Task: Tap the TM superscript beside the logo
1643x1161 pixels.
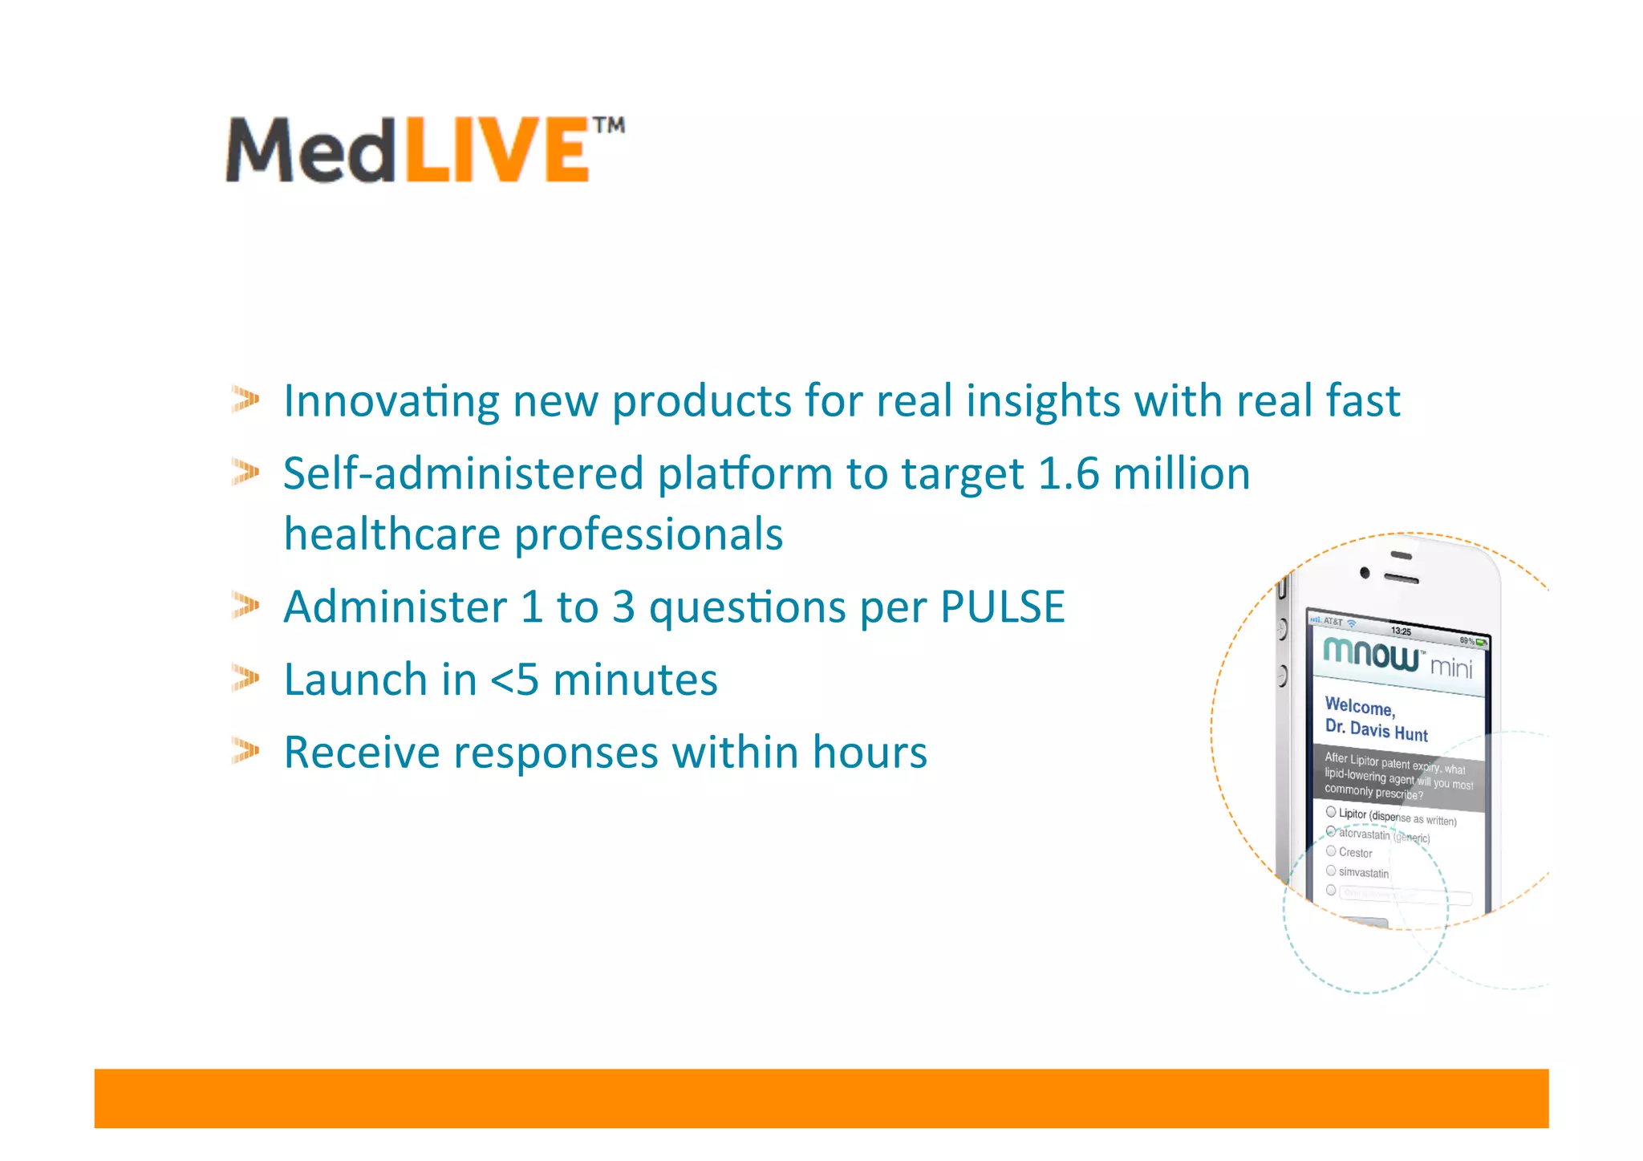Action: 609,126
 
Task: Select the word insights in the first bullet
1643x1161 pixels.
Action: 1042,401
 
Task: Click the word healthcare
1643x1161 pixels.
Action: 391,534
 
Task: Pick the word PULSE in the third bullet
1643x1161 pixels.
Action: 1002,607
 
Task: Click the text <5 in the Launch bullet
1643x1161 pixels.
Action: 514,680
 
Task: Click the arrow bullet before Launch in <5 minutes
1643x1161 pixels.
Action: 245,679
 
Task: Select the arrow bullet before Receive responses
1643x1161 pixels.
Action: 245,751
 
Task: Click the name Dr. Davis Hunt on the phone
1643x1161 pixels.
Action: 1376,729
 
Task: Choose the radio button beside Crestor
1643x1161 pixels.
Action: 1331,850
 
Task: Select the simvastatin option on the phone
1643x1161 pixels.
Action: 1363,872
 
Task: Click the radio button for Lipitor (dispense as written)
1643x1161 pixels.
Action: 1331,812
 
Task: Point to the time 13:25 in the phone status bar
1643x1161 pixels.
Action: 1401,631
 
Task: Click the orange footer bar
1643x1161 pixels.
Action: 821,1098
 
